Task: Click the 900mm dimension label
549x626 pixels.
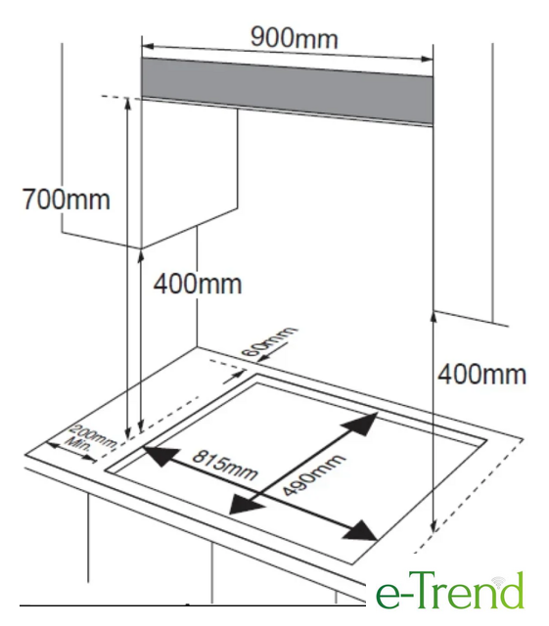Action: point(295,38)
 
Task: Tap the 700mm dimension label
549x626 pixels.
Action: point(66,200)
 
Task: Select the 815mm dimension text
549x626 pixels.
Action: point(224,466)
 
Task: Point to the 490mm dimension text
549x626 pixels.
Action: point(313,475)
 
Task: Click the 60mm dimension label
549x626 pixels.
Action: point(269,341)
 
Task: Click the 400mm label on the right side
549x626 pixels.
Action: point(481,375)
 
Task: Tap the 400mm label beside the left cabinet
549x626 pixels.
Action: point(198,284)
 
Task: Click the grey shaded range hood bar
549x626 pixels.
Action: point(288,91)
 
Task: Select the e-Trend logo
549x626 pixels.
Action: point(449,591)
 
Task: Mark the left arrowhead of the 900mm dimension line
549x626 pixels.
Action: point(148,46)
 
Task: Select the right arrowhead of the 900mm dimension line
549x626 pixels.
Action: point(427,60)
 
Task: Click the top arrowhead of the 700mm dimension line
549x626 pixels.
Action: point(128,103)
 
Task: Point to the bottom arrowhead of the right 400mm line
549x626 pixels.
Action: point(434,526)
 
